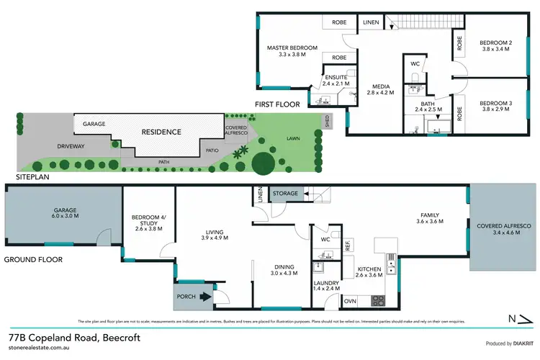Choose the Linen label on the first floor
(372, 22)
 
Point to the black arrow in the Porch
(205, 295)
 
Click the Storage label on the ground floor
(285, 194)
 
